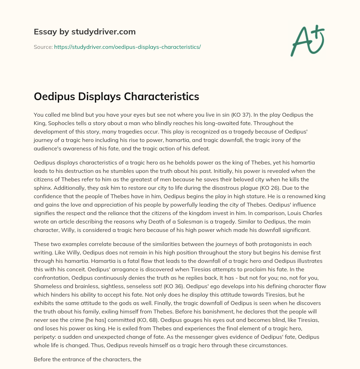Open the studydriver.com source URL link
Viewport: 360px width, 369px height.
tap(127, 47)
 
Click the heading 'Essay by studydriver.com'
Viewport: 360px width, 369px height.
tap(84, 32)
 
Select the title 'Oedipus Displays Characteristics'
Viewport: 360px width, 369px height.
tap(116, 96)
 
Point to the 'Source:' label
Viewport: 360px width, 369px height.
tap(43, 47)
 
